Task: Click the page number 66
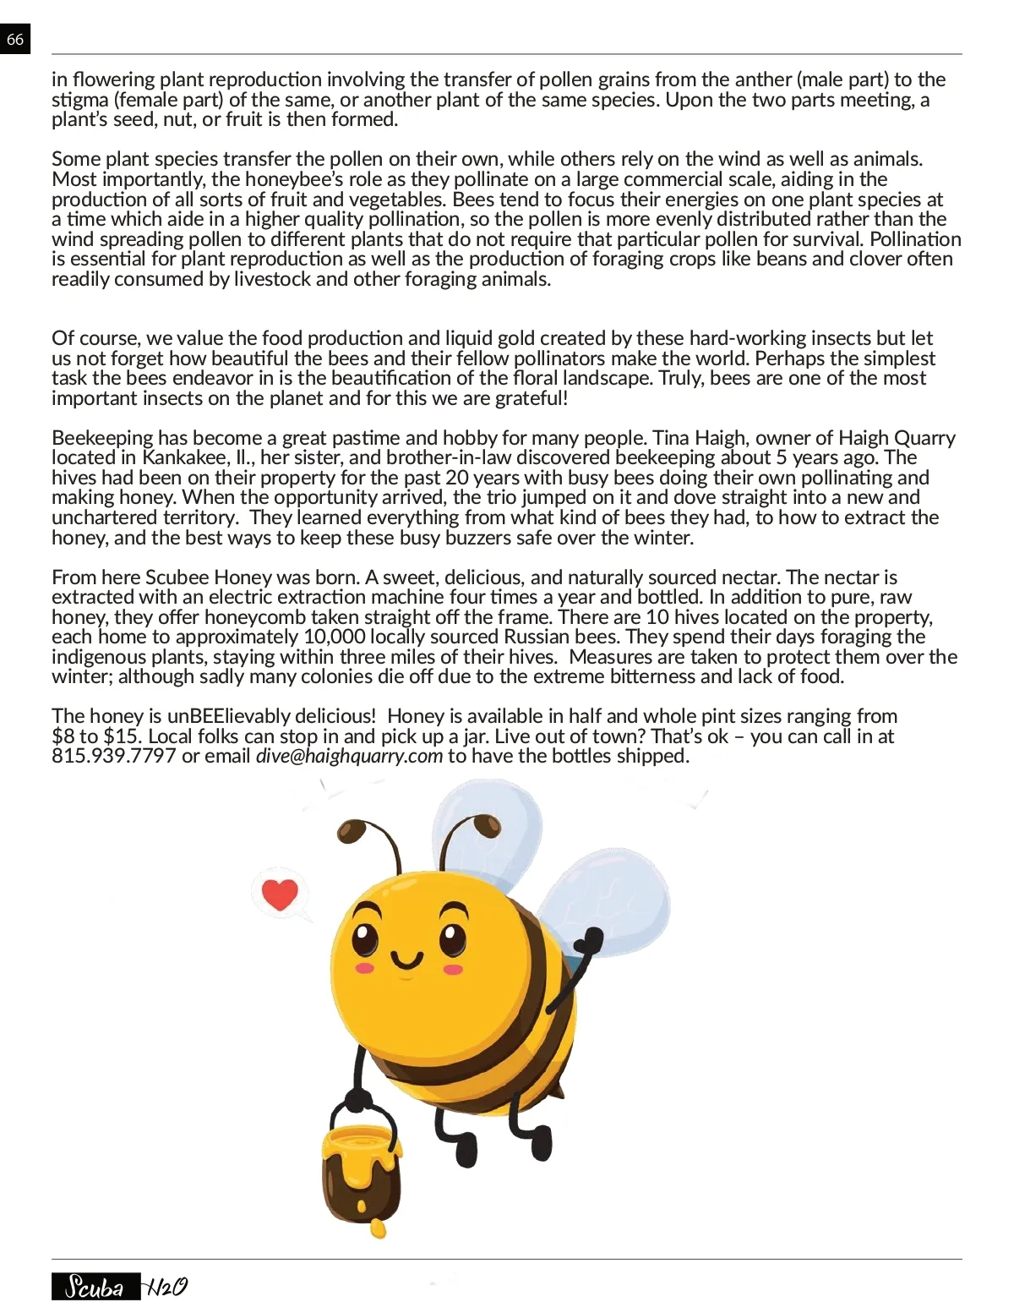(x=15, y=40)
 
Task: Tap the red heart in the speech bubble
(x=281, y=894)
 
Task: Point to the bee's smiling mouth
(x=407, y=961)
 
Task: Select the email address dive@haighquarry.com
(x=349, y=757)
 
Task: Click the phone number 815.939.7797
(x=113, y=757)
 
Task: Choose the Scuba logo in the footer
(x=95, y=1287)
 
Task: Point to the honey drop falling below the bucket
(x=379, y=1228)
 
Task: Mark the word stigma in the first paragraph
(x=79, y=101)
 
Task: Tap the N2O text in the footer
(x=166, y=1287)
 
